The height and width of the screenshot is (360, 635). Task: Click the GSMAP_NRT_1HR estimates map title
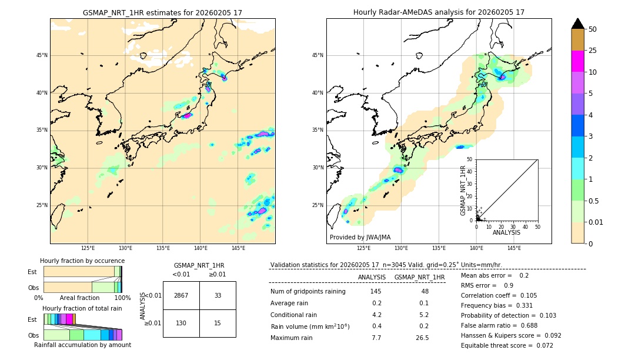pos(162,12)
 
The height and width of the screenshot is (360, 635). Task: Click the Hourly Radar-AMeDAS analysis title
pos(439,12)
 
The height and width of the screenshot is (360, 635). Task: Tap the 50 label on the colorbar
pos(593,29)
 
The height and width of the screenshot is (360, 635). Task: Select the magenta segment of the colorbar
pos(577,61)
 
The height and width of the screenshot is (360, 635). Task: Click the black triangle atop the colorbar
pos(577,24)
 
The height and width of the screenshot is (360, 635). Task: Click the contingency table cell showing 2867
pos(181,295)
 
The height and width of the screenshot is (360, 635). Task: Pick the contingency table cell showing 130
pos(181,323)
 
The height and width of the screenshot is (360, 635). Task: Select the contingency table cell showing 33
pos(218,295)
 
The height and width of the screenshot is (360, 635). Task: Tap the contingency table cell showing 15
pos(218,323)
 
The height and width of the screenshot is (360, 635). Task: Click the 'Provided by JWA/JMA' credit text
pos(360,237)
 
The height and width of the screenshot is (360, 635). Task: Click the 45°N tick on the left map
pos(42,55)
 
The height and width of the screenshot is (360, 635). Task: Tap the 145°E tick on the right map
pos(514,248)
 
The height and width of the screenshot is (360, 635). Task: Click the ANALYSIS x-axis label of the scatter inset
pos(506,232)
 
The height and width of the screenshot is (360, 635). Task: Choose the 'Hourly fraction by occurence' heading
pos(82,261)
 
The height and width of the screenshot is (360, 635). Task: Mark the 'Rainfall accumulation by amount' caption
pos(82,345)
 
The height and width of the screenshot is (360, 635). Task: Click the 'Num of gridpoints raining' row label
pos(308,292)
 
